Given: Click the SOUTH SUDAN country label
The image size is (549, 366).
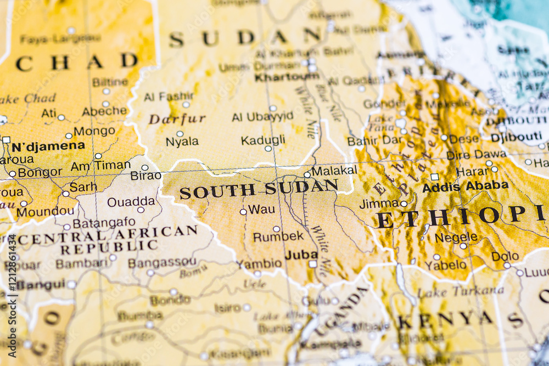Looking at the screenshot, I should [x=259, y=190].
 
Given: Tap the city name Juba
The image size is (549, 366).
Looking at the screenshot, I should [x=301, y=255].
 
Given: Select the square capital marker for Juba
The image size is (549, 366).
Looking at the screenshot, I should [x=312, y=264].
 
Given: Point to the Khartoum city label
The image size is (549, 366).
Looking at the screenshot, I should [x=287, y=77].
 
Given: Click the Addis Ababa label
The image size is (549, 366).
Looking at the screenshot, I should [x=465, y=187].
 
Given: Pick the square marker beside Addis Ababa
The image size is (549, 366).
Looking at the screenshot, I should [x=434, y=177].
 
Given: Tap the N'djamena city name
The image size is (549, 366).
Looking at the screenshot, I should [x=48, y=146].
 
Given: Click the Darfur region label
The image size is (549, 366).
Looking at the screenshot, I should [x=177, y=119].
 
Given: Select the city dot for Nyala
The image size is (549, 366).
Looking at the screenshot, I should [x=180, y=133].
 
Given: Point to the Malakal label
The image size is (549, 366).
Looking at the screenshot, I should [x=334, y=170].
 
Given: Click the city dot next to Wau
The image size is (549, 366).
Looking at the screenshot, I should [x=243, y=212].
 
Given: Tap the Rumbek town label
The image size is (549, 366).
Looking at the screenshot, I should [x=278, y=237].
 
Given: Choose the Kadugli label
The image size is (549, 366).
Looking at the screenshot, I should [x=263, y=140].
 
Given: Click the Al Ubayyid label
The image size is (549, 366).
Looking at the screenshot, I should [x=262, y=117].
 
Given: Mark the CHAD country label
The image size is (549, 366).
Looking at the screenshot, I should [x=76, y=62].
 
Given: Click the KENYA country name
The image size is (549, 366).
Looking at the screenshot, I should [x=445, y=319].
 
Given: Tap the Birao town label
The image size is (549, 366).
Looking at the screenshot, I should [x=145, y=176].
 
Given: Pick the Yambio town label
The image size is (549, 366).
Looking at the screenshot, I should [x=259, y=264].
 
